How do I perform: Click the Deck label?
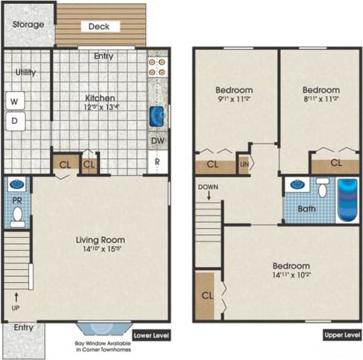99,26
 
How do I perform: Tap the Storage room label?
28,24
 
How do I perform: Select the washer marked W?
15,100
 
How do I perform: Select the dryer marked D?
15,120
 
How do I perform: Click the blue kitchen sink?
157,116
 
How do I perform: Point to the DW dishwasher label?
157,141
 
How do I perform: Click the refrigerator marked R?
157,162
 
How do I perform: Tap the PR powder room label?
16,201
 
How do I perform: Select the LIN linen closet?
244,164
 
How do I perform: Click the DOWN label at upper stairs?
208,187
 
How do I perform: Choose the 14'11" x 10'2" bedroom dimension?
291,278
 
